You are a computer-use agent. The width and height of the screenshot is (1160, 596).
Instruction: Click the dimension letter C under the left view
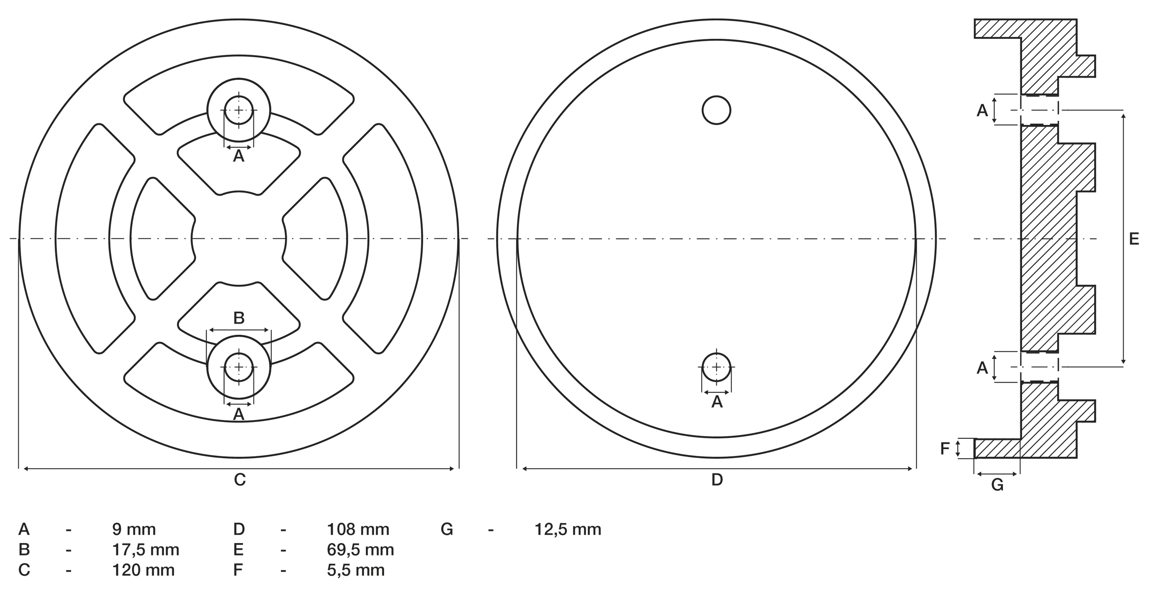pos(239,480)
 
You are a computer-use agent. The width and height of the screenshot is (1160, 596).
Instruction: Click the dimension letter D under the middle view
pos(717,480)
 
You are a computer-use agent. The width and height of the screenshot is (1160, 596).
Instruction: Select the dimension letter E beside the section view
pos(1134,239)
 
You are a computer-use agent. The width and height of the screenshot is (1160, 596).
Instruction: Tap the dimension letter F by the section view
pos(945,449)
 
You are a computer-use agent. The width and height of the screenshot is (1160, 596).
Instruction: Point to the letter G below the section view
pos(998,485)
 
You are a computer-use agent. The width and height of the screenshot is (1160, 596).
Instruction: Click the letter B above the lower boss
pos(239,318)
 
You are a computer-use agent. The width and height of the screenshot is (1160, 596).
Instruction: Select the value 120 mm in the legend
pos(143,570)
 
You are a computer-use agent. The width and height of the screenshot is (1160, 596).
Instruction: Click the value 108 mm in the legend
pos(358,529)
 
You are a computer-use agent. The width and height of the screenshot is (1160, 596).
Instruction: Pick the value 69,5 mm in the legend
pos(360,550)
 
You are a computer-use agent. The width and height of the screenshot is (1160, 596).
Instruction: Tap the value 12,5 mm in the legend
pos(568,529)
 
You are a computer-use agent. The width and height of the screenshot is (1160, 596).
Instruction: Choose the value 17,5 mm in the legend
pos(145,550)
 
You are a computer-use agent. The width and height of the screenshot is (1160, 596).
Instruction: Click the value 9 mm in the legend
pos(134,529)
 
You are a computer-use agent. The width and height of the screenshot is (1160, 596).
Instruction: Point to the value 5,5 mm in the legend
pos(356,570)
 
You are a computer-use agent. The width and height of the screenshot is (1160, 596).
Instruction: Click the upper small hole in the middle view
pos(716,110)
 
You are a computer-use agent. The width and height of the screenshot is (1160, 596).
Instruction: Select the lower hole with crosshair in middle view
pos(716,368)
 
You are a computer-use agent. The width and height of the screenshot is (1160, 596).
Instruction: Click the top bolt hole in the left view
pos(239,110)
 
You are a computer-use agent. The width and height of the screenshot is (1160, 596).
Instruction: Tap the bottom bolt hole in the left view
pos(239,368)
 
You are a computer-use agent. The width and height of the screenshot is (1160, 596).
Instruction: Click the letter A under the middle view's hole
pos(717,402)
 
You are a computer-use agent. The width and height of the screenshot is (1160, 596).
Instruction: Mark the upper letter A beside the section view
pos(982,110)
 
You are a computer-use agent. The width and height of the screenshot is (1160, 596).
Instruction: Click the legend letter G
pos(447,529)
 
